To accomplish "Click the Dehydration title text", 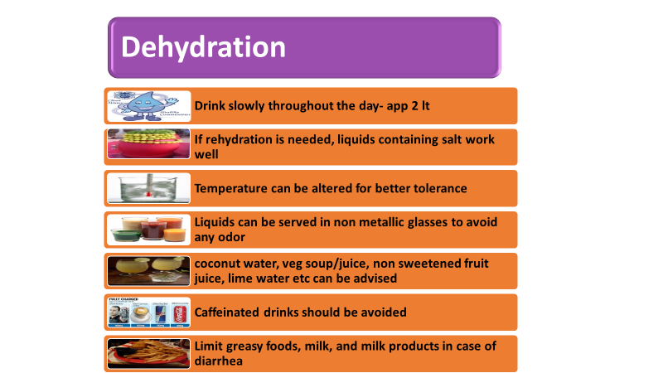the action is pyautogui.click(x=203, y=47).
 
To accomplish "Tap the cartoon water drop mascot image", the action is pyautogui.click(x=149, y=106).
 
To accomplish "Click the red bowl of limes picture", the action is pyautogui.click(x=149, y=143).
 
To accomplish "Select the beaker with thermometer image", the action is pyautogui.click(x=149, y=188).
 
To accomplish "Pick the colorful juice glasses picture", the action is pyautogui.click(x=149, y=230).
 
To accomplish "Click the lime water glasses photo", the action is pyautogui.click(x=149, y=271).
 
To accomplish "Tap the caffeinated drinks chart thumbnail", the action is pyautogui.click(x=149, y=312).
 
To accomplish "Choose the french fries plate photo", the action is pyautogui.click(x=149, y=354).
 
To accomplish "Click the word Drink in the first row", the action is pyautogui.click(x=210, y=105).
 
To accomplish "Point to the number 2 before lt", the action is pyautogui.click(x=415, y=106).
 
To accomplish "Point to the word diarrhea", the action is pyautogui.click(x=219, y=361).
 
